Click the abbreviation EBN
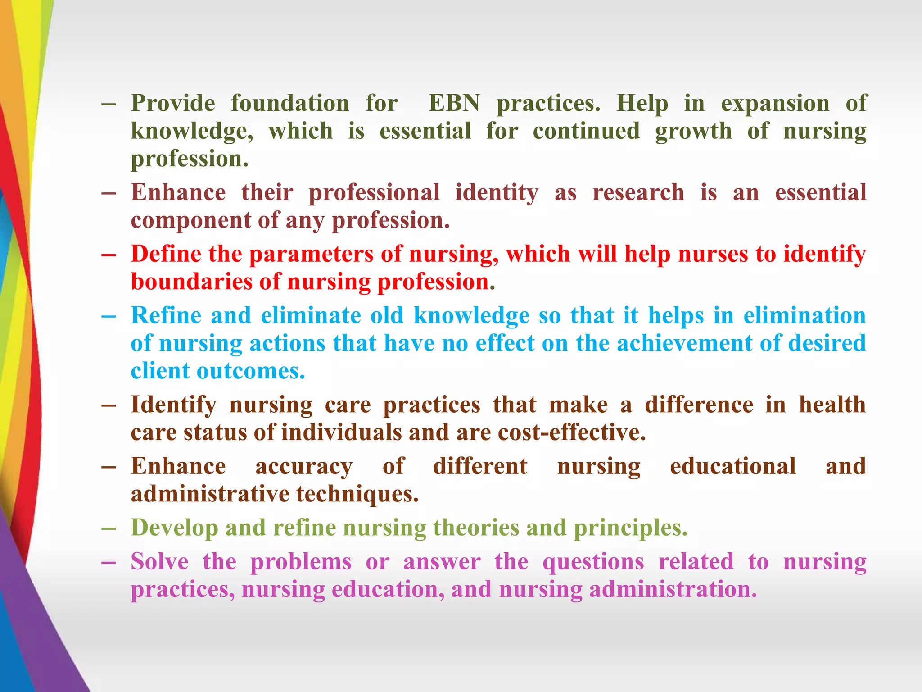click(x=454, y=103)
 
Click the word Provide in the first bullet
click(x=173, y=103)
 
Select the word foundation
click(x=290, y=103)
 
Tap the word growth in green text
click(x=693, y=132)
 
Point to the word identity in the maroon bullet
click(x=497, y=193)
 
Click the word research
click(x=638, y=192)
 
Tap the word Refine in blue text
click(x=166, y=315)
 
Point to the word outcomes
click(x=251, y=371)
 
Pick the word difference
click(x=699, y=404)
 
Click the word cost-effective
click(x=572, y=432)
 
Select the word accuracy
click(x=304, y=466)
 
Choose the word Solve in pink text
click(x=159, y=561)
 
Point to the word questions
click(x=593, y=562)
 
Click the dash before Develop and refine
click(x=108, y=528)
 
